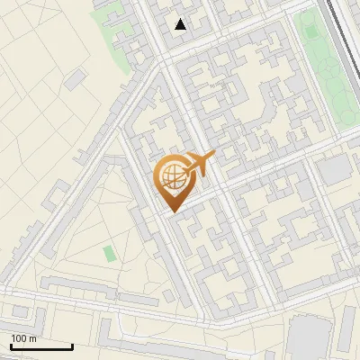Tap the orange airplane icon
click(x=200, y=165)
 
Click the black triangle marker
click(x=181, y=24)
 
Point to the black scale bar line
click(x=40, y=346)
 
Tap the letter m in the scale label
click(x=33, y=338)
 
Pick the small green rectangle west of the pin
click(x=109, y=254)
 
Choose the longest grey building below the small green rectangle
click(x=81, y=288)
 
